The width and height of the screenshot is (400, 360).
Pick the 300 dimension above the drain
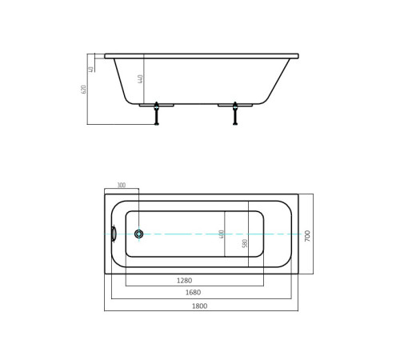pos(122,186)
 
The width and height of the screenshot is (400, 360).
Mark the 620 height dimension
pos(83,89)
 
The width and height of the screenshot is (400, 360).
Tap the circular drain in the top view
pos(139,234)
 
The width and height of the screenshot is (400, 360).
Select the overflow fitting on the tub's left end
pos(114,234)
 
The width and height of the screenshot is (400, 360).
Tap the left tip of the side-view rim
pos(106,56)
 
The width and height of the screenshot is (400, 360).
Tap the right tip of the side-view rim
pos(298,56)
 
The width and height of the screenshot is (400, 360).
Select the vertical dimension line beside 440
pos(145,80)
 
